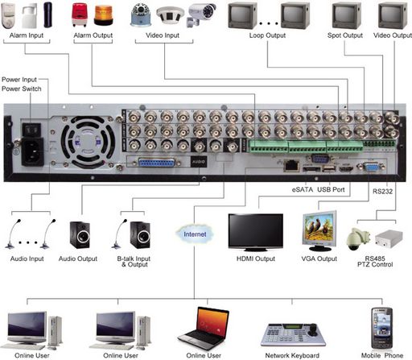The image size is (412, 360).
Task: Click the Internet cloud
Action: click(195, 234)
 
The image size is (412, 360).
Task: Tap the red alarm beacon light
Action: click(80, 14)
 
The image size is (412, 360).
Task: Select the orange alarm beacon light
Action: click(104, 15)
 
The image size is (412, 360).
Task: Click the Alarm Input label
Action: click(27, 35)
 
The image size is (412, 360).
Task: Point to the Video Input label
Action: click(163, 35)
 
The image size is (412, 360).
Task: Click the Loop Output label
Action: click(267, 35)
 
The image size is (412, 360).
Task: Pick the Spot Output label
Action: click(345, 35)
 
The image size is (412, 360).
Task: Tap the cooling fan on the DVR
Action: click(88, 142)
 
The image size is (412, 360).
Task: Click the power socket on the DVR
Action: click(32, 151)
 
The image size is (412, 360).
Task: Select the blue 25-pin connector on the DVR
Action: click(156, 163)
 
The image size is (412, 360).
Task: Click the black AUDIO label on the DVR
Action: click(199, 162)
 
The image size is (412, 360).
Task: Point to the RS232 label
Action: click(382, 192)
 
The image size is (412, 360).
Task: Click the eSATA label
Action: click(303, 189)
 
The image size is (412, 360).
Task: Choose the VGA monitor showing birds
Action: click(319, 231)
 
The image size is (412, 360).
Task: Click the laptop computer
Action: click(204, 329)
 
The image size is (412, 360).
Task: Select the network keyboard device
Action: click(293, 336)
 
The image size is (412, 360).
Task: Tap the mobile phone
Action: click(381, 329)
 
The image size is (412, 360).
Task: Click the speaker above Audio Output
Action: click(80, 234)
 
